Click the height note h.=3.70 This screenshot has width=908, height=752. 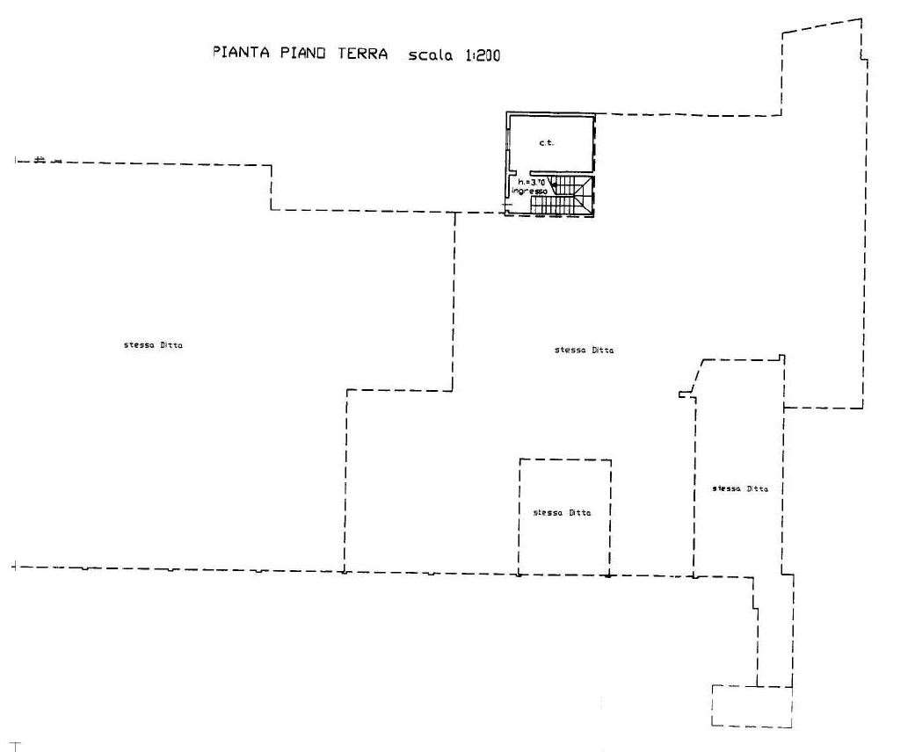(x=533, y=182)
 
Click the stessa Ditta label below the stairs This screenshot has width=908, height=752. (x=584, y=351)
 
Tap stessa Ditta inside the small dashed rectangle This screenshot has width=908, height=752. (x=562, y=512)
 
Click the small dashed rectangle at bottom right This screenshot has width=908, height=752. (x=751, y=705)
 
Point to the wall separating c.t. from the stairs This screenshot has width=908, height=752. (x=563, y=174)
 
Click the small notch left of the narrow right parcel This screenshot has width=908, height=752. (x=683, y=394)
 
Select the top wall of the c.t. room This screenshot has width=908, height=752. (x=550, y=113)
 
